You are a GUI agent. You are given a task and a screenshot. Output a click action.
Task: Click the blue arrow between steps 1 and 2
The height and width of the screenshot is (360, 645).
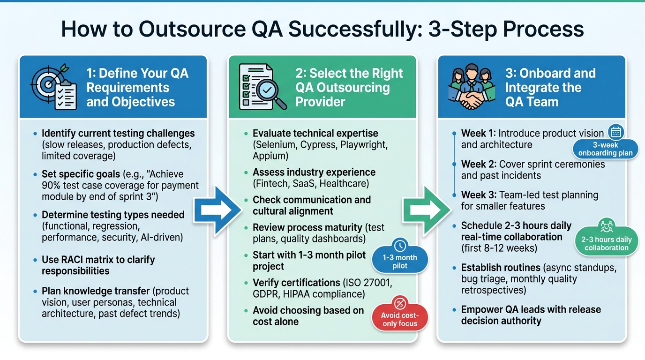tap(217, 210)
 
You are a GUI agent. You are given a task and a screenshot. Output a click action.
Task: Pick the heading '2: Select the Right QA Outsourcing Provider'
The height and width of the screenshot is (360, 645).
tap(349, 87)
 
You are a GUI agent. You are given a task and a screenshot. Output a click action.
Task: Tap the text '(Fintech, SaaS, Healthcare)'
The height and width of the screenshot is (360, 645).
tap(310, 183)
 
